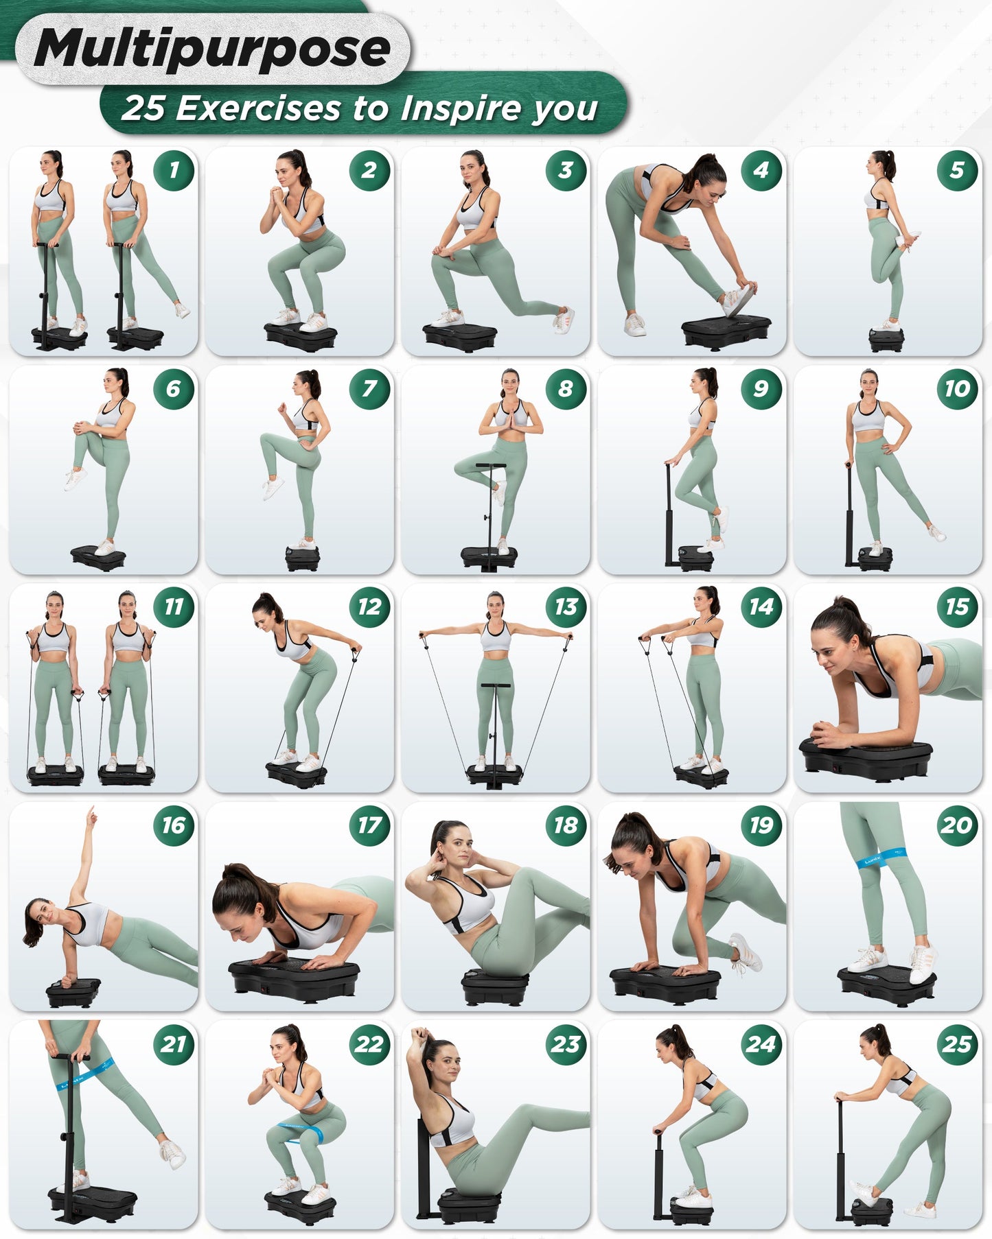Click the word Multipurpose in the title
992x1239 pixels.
[211, 49]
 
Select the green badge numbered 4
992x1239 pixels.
[761, 170]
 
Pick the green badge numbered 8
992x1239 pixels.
[566, 388]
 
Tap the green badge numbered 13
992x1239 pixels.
[566, 606]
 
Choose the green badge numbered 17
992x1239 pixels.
[369, 825]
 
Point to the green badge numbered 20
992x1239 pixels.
[957, 825]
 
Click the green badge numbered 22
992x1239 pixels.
[369, 1043]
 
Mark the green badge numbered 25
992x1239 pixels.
[957, 1043]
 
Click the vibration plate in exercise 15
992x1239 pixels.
[866, 759]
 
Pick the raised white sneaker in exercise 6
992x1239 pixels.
[75, 477]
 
